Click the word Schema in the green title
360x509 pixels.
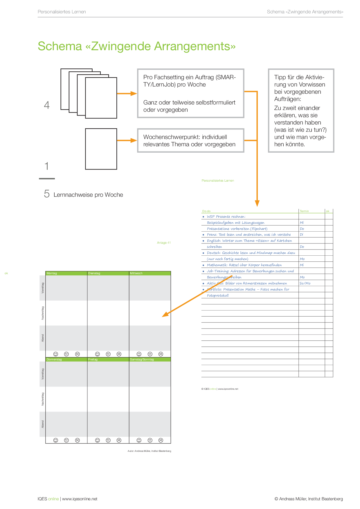coord(60,46)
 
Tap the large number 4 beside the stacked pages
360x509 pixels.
coord(47,105)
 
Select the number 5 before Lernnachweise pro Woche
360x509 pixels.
coord(47,194)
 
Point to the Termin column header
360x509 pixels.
coord(304,211)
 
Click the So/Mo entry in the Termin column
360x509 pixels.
coord(305,283)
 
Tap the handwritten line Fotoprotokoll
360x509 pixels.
coord(218,295)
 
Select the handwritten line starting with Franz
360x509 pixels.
coord(249,234)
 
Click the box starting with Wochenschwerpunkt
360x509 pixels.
coord(190,140)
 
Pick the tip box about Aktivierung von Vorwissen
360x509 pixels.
coord(301,111)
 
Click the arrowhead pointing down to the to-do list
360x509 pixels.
coord(257,203)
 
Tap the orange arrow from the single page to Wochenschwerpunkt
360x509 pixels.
coord(127,140)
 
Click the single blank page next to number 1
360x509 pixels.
coord(101,149)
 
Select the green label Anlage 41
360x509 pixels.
coord(164,243)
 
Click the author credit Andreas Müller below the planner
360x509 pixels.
coord(149,451)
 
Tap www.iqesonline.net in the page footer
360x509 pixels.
coord(80,499)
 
